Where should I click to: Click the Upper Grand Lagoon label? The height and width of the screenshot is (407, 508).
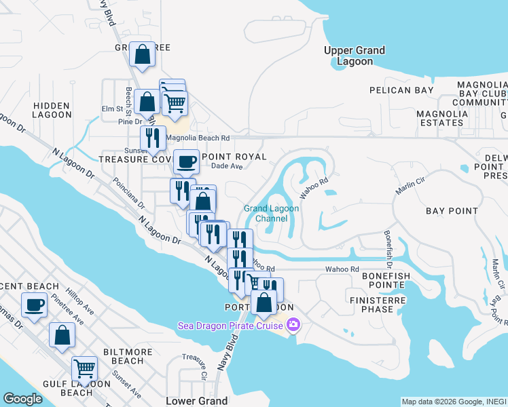[355, 56]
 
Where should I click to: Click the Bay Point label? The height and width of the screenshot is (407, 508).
[452, 211]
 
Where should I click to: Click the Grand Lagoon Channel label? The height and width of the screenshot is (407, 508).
[271, 213]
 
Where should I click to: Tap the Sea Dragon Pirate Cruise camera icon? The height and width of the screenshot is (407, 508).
[293, 326]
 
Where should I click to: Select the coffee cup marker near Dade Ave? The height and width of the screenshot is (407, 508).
[186, 162]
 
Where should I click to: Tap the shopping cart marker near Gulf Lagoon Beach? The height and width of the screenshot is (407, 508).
[85, 368]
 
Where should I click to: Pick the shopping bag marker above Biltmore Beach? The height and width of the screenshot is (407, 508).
[62, 334]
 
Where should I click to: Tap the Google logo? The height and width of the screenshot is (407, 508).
[22, 399]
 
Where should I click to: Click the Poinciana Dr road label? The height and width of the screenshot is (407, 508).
[129, 193]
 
